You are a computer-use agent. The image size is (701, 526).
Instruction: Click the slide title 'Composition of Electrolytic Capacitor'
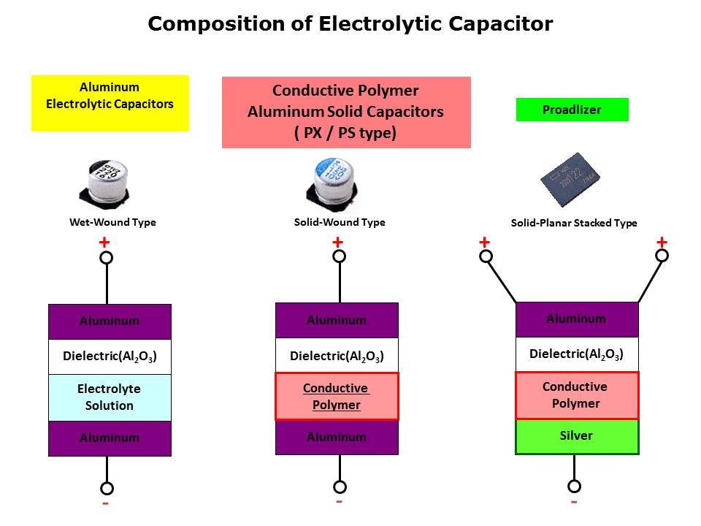pyautogui.click(x=350, y=24)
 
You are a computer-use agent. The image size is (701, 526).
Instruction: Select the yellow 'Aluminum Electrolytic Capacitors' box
pyautogui.click(x=110, y=103)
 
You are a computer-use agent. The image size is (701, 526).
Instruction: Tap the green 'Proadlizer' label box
pyautogui.click(x=572, y=110)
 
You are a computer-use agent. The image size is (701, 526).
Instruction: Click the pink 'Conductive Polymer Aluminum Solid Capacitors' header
pyautogui.click(x=346, y=112)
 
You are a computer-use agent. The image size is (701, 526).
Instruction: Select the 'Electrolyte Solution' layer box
pyautogui.click(x=110, y=397)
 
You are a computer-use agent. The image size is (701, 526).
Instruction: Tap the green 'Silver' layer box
pyautogui.click(x=577, y=436)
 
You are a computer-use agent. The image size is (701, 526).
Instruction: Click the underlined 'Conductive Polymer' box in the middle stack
pyautogui.click(x=337, y=396)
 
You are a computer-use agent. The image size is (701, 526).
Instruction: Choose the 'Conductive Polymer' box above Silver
pyautogui.click(x=577, y=395)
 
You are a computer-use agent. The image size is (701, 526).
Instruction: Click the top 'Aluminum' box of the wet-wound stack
pyautogui.click(x=110, y=321)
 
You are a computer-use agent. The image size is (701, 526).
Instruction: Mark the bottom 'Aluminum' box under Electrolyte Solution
pyautogui.click(x=110, y=438)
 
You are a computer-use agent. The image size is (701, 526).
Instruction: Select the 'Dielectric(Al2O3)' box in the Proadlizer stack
pyautogui.click(x=577, y=355)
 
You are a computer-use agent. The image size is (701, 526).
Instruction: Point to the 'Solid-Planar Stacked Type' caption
pyautogui.click(x=574, y=223)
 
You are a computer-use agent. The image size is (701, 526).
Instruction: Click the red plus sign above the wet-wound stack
pyautogui.click(x=104, y=242)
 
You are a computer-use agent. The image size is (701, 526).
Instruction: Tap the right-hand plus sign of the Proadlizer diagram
pyautogui.click(x=662, y=242)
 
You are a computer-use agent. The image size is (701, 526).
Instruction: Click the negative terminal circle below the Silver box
pyautogui.click(x=574, y=486)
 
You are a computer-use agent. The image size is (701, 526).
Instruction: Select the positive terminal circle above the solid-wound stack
pyautogui.click(x=339, y=256)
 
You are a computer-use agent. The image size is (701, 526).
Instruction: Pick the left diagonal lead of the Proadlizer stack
pyautogui.click(x=501, y=280)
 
